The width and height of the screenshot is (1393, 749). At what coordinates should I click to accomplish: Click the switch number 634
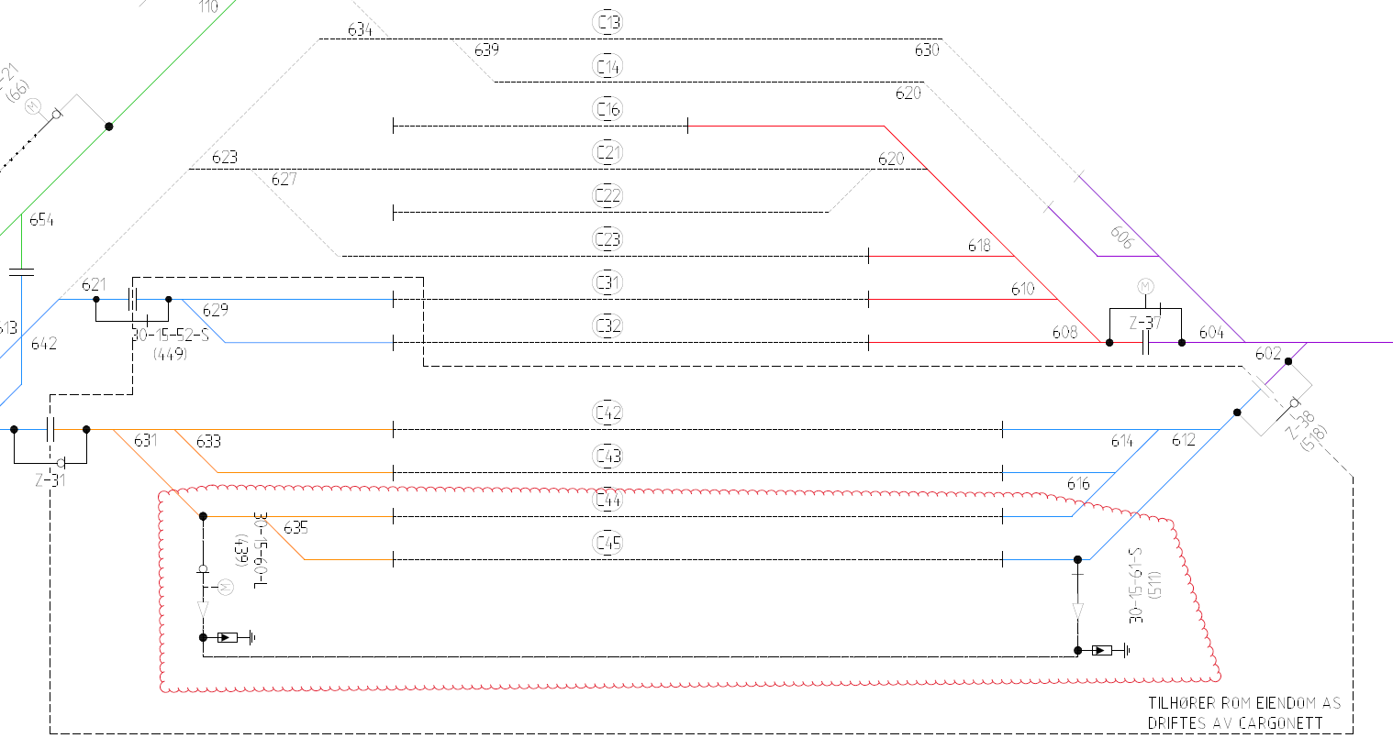(x=360, y=30)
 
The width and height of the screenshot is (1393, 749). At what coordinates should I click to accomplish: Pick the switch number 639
(x=486, y=50)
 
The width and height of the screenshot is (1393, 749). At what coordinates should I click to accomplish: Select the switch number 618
(x=979, y=246)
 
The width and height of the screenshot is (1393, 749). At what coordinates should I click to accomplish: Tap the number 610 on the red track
(x=1022, y=289)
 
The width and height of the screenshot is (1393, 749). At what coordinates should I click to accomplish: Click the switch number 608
(x=1064, y=332)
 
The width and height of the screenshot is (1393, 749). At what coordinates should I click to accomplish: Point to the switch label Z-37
(x=1145, y=323)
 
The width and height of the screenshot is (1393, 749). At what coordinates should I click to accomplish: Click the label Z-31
(x=50, y=479)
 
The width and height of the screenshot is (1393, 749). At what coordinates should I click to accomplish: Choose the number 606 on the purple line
(x=1121, y=237)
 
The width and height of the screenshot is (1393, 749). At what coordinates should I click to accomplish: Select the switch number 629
(x=215, y=310)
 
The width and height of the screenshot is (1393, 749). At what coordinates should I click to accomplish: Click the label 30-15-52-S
(x=170, y=335)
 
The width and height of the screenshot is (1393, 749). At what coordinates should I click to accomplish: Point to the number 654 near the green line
(x=41, y=220)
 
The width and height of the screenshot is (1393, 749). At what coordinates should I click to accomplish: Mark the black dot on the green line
(x=108, y=127)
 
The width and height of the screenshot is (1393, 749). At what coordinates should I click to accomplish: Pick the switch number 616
(x=1078, y=484)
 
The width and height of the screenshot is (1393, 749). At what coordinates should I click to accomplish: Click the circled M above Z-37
(x=1145, y=287)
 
